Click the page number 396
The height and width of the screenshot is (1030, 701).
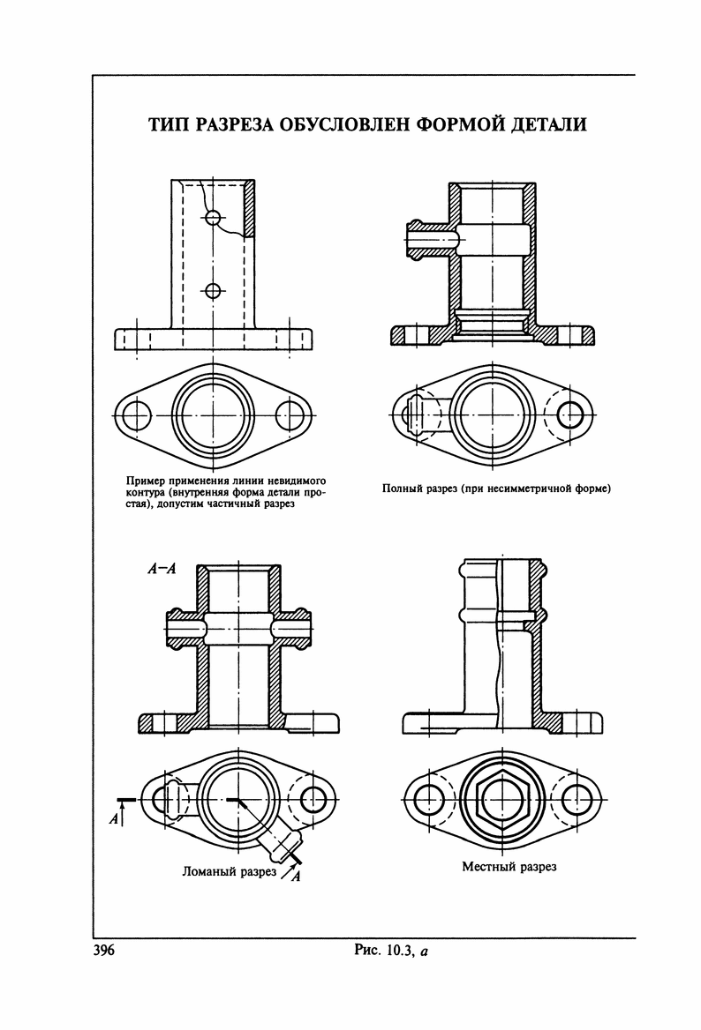click(105, 951)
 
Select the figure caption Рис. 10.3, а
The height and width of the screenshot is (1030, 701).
click(390, 951)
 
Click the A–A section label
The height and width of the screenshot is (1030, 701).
click(162, 570)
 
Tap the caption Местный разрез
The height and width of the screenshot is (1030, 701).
click(509, 867)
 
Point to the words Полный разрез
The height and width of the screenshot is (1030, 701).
click(419, 488)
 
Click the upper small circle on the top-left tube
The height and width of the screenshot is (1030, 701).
click(212, 217)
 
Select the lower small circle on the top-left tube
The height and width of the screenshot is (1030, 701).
click(212, 288)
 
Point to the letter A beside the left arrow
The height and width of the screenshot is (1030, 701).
click(113, 819)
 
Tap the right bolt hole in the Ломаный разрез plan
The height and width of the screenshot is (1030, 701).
click(313, 800)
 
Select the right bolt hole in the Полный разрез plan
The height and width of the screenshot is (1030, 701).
click(572, 414)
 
